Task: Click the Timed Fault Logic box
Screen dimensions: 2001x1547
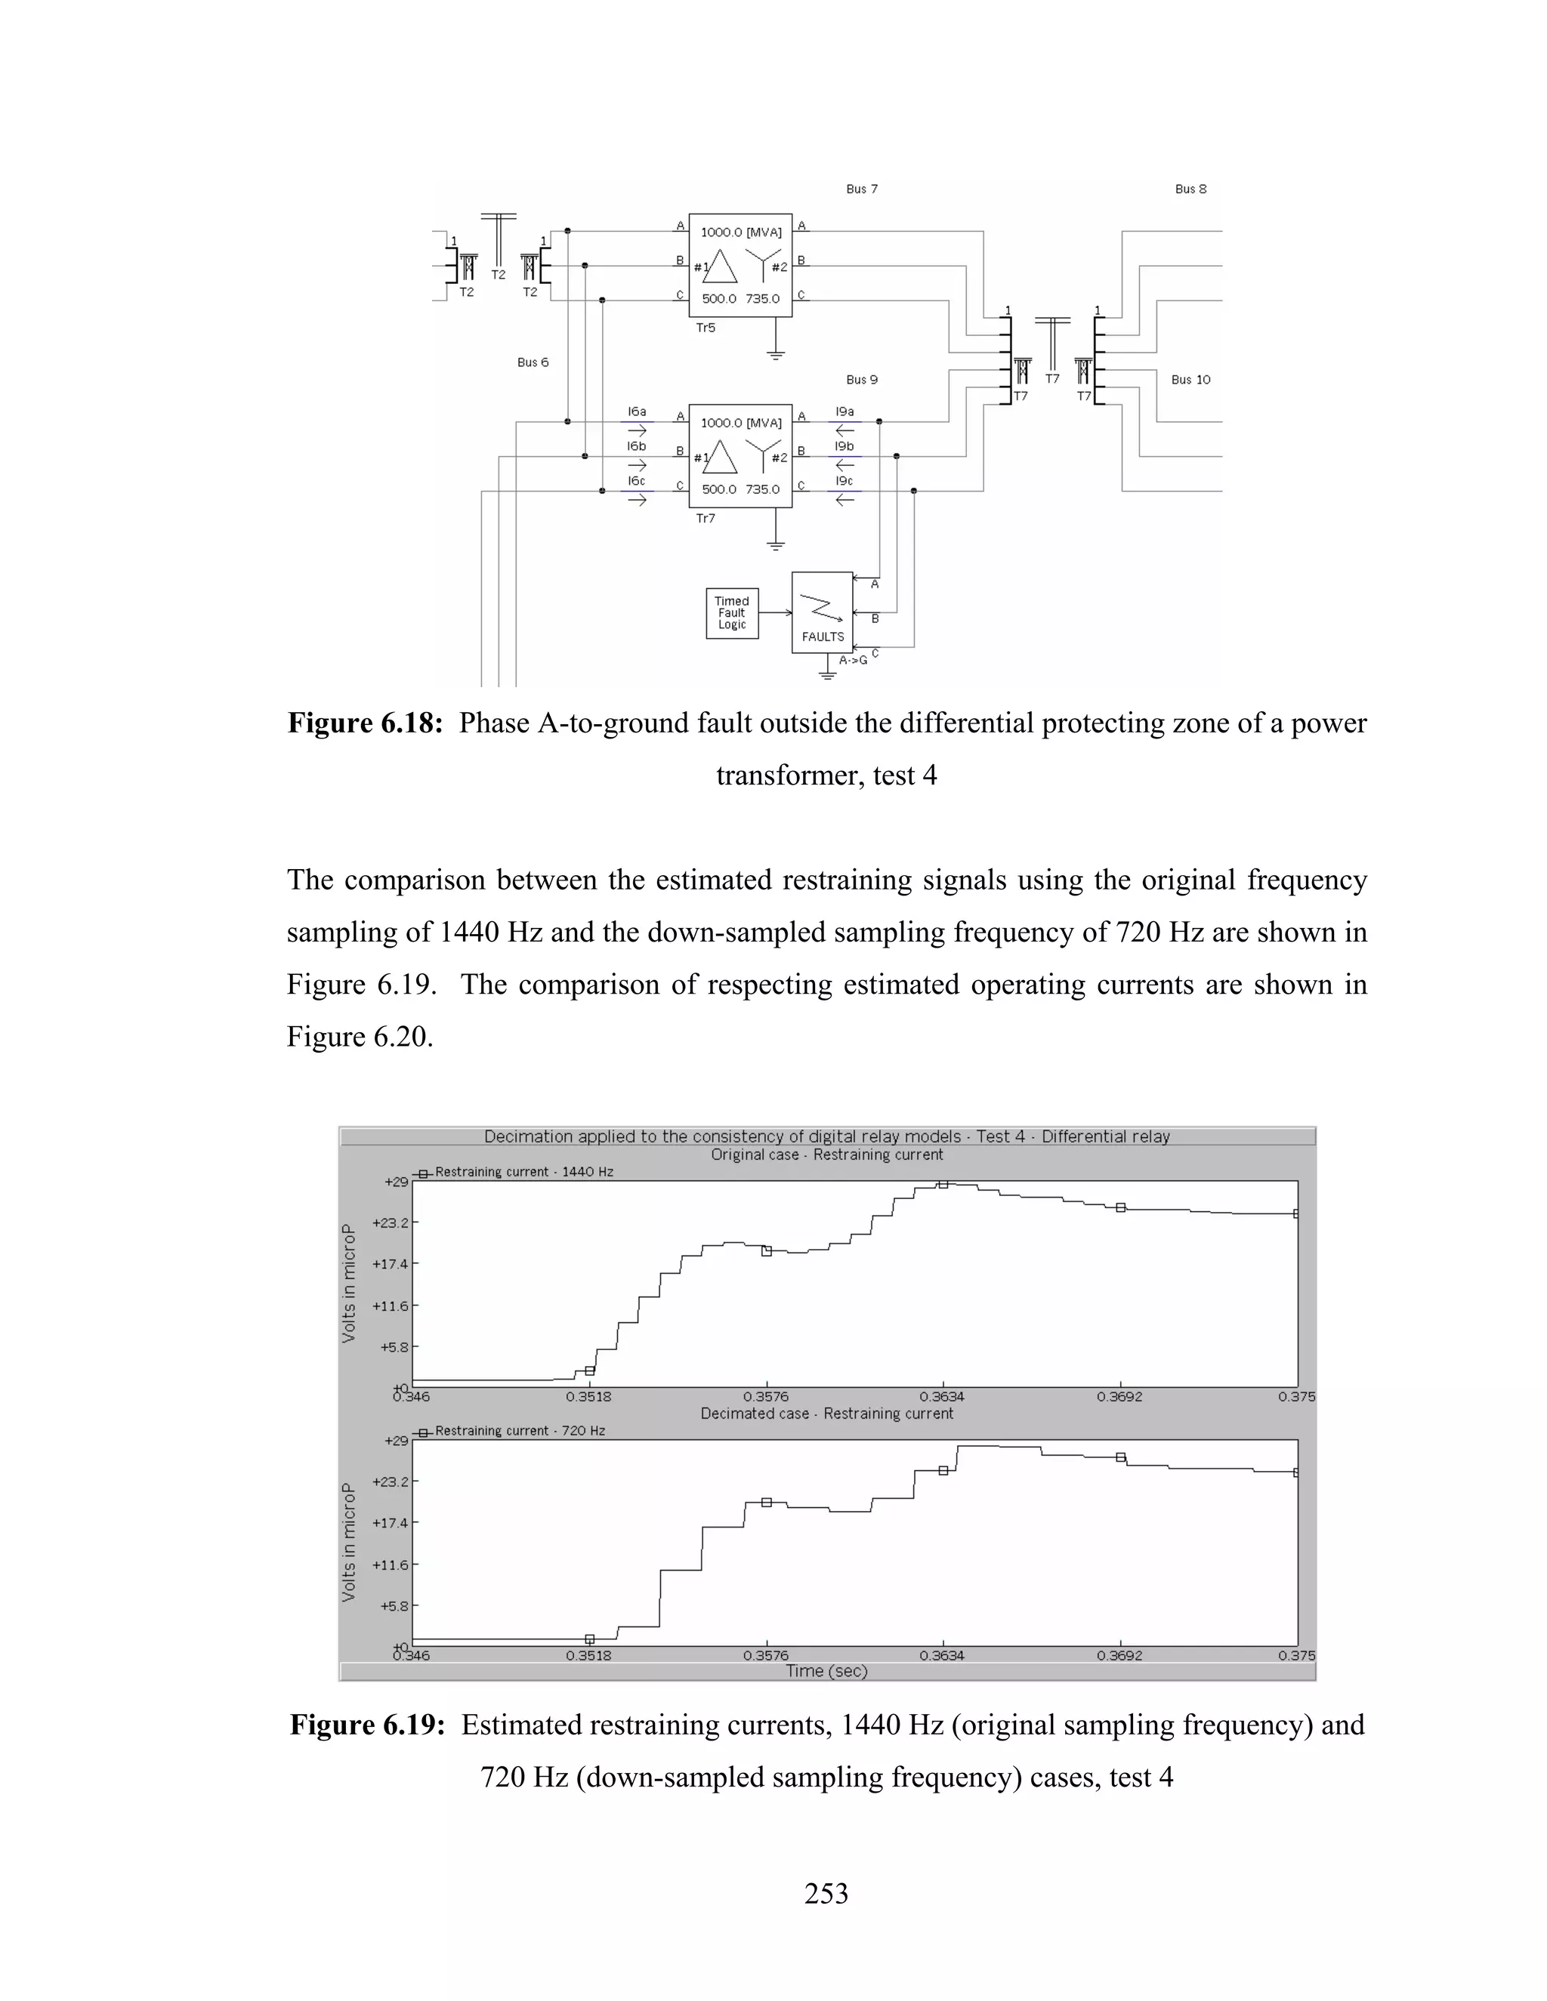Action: coord(731,613)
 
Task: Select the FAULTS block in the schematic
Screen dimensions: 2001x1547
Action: coord(822,613)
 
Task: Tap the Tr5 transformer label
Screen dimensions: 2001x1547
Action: coord(705,328)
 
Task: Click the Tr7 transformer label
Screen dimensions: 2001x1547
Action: coord(705,519)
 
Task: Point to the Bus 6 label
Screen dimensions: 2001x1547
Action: coord(533,362)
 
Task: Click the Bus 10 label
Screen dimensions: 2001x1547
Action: coord(1190,379)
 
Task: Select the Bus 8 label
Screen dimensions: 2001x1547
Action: coord(1190,189)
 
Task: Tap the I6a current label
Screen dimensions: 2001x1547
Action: coord(636,412)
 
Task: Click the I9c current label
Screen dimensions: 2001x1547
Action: coord(843,481)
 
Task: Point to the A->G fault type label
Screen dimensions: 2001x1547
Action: coord(852,660)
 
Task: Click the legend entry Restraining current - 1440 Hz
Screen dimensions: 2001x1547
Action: coord(523,1172)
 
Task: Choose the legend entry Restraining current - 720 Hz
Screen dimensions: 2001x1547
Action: coord(519,1431)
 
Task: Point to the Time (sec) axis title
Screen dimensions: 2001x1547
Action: coord(826,1671)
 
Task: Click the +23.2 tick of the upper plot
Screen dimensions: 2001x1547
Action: coord(390,1223)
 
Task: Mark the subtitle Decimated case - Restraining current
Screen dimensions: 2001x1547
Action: coord(826,1414)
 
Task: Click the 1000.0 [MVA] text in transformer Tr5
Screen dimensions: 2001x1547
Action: coord(740,233)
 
